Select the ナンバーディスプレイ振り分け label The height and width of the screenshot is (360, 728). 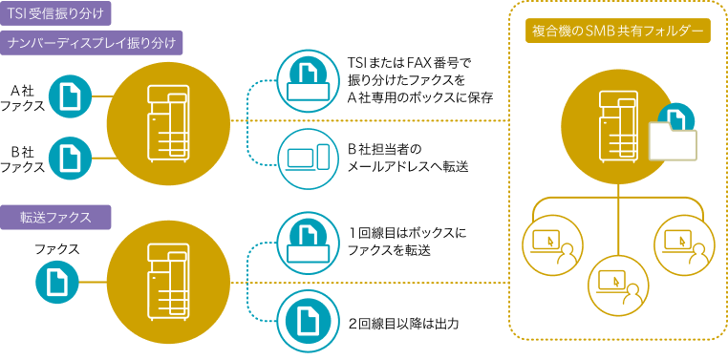coord(94,43)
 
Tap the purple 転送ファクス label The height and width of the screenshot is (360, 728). coord(59,217)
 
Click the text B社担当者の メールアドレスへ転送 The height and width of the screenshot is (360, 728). coord(395,158)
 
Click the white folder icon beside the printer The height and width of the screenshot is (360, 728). coord(673,141)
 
